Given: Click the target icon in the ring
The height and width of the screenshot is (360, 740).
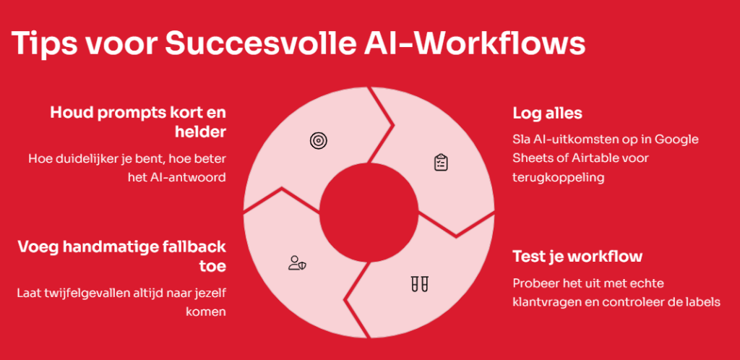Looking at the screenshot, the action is (x=319, y=141).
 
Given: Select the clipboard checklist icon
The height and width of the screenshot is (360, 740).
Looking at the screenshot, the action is (x=441, y=162).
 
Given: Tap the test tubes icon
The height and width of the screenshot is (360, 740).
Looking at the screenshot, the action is (x=419, y=284).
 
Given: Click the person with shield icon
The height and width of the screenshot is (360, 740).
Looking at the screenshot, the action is (x=297, y=263).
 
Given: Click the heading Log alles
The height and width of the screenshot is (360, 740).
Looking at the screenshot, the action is (x=548, y=113).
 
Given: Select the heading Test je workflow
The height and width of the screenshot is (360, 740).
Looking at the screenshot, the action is (x=577, y=257).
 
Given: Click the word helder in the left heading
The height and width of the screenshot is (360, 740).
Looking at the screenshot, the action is (x=200, y=132).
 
